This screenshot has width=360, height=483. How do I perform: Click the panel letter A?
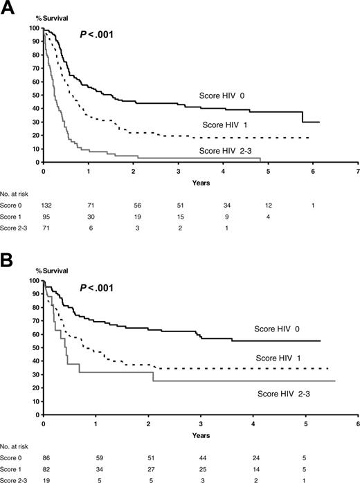click(10, 8)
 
